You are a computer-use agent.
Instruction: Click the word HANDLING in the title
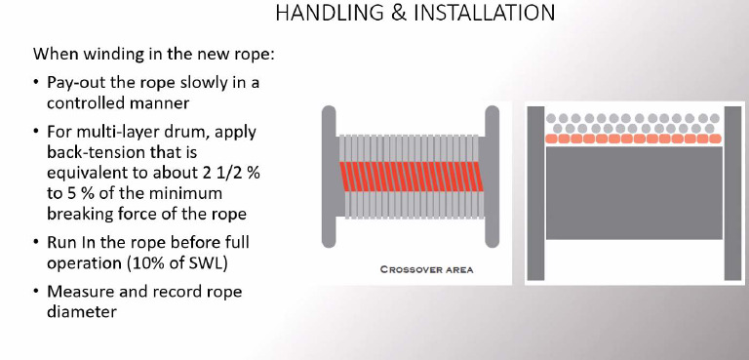[x=319, y=14]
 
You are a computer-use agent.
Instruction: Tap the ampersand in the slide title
[x=387, y=14]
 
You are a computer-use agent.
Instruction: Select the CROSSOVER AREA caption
[x=427, y=269]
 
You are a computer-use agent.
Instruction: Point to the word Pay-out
[x=76, y=83]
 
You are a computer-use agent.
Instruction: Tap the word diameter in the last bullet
[x=79, y=313]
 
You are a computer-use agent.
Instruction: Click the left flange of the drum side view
[x=330, y=177]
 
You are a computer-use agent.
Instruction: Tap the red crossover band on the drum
[x=410, y=177]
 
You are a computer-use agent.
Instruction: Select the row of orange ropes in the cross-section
[x=634, y=140]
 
